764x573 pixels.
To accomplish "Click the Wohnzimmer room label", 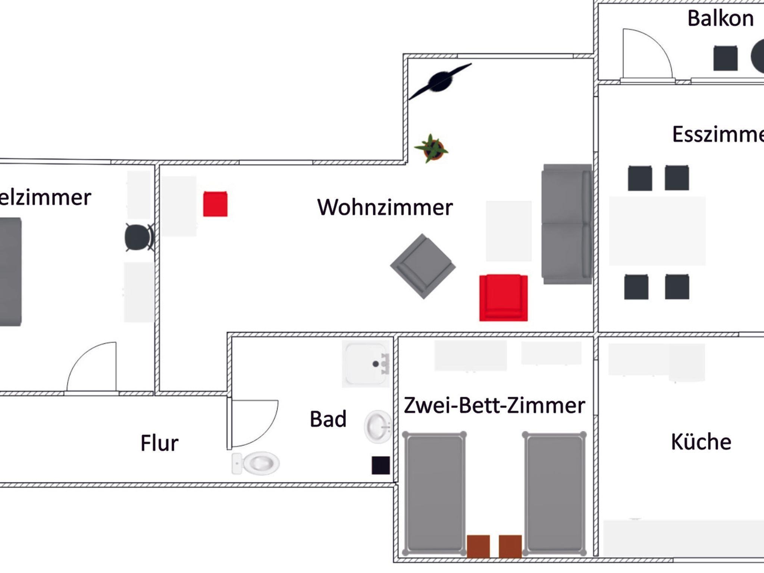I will (385, 207).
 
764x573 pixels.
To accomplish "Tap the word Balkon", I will (720, 19).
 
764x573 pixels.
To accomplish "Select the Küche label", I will (701, 442).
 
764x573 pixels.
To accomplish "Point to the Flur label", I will (159, 443).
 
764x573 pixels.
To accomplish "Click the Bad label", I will (328, 419).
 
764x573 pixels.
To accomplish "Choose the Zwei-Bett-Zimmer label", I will (494, 405).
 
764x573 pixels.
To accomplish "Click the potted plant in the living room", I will (432, 148).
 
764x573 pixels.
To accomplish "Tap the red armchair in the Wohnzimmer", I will (503, 298).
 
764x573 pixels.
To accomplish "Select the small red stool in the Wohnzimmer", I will (215, 204).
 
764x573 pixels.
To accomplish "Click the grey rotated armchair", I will (423, 266).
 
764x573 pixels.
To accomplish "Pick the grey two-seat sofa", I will (566, 224).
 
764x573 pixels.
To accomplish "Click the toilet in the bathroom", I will (257, 463).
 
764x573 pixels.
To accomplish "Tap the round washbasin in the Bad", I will (378, 426).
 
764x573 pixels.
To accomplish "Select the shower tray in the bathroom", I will (366, 364).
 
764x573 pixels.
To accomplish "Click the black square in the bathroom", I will (381, 465).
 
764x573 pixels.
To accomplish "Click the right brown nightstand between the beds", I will (510, 546).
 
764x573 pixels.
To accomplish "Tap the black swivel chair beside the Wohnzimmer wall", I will (138, 237).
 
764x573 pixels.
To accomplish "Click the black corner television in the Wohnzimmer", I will (440, 82).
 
